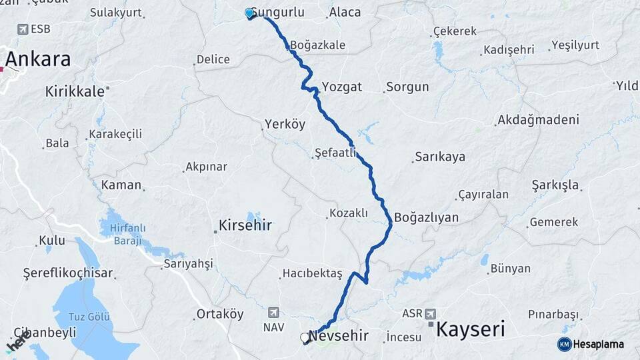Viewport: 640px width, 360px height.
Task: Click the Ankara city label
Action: point(38,59)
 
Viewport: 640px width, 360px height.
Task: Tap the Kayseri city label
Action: point(470,329)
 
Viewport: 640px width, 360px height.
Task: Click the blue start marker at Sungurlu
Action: point(249,13)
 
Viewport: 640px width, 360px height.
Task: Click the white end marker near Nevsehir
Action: point(305,338)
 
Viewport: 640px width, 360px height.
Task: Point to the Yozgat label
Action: point(341,87)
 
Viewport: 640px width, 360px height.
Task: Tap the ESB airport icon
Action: point(23,29)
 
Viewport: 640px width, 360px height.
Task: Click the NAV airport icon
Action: point(273,312)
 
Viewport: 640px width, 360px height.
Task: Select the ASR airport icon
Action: point(430,313)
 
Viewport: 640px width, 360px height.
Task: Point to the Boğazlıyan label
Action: point(426,217)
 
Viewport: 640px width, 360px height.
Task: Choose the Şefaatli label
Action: point(334,153)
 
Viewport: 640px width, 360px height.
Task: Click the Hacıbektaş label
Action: point(312,273)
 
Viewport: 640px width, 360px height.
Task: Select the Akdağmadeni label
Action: point(537,121)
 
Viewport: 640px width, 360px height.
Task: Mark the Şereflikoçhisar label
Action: point(68,273)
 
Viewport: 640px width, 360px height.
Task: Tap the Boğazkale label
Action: point(317,45)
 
